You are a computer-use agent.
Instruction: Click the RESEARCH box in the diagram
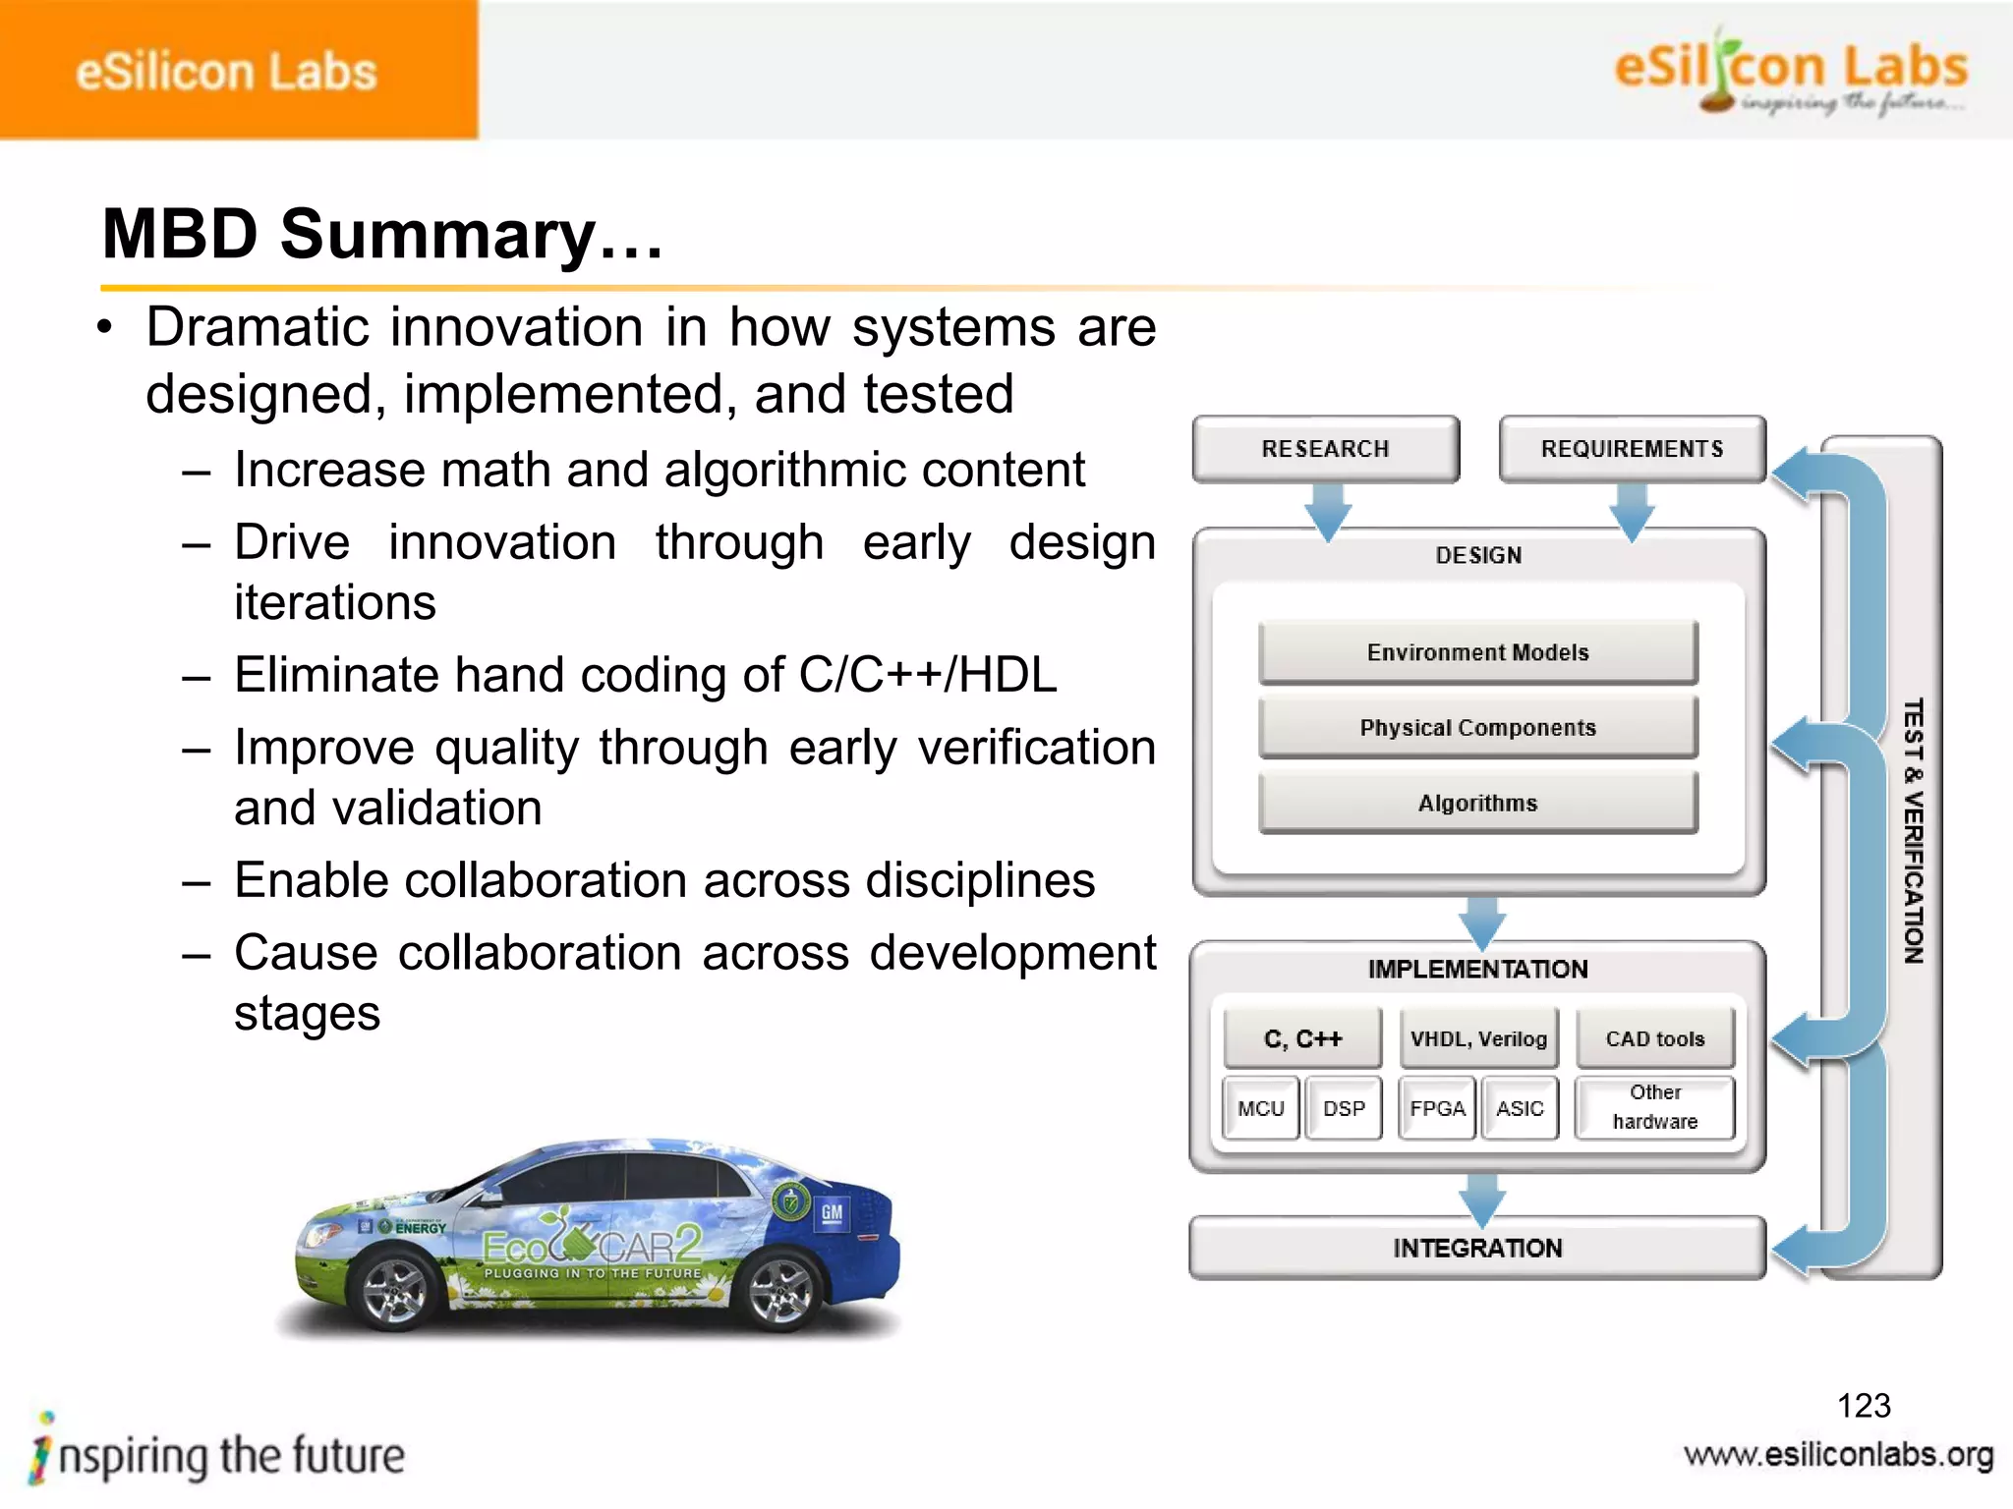tap(1325, 449)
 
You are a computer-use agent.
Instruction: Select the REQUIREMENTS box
tap(1632, 449)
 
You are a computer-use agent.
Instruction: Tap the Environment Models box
tap(1477, 652)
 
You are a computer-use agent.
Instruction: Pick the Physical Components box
tap(1477, 728)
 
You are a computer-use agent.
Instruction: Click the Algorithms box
tap(1477, 804)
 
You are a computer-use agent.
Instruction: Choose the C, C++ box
tap(1302, 1038)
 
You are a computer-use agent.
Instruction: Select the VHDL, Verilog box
tap(1478, 1038)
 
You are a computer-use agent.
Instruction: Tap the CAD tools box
tap(1655, 1038)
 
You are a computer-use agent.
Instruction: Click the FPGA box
tap(1437, 1108)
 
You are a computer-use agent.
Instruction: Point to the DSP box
tap(1344, 1108)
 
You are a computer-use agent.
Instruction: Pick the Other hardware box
tap(1655, 1107)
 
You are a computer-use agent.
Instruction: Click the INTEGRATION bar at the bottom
tap(1476, 1248)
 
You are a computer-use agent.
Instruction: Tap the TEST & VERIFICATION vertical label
tap(1912, 831)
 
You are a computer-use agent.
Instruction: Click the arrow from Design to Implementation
tap(1482, 921)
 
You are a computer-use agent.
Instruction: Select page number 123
tap(1864, 1406)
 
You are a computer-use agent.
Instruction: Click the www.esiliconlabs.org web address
tap(1838, 1455)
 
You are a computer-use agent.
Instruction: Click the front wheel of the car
tap(395, 1291)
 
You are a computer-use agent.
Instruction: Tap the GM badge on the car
tap(832, 1212)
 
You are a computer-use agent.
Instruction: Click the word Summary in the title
tap(437, 235)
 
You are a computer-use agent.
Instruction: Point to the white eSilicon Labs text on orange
tap(226, 73)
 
